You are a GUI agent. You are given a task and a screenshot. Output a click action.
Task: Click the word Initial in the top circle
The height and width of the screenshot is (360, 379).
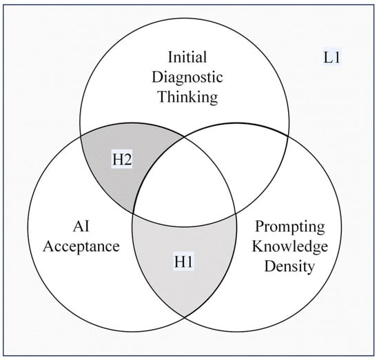point(187,57)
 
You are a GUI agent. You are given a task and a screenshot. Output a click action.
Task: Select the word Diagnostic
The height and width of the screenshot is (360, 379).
point(187,78)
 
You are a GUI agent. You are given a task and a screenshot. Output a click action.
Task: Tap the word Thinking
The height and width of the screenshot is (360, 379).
point(188,97)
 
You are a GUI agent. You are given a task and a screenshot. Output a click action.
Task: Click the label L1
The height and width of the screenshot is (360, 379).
point(332,58)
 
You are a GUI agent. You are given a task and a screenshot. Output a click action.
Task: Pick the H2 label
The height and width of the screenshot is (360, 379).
point(122,160)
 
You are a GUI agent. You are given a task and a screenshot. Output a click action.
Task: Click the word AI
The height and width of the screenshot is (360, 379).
point(81,226)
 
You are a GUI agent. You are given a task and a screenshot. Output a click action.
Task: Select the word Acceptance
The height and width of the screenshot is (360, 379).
point(81,246)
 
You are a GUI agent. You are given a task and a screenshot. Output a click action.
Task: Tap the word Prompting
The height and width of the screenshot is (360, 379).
point(290,227)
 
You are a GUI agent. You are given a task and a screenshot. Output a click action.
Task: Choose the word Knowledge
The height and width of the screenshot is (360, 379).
point(290,247)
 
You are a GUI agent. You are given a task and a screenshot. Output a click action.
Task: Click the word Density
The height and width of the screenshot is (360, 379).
point(289,266)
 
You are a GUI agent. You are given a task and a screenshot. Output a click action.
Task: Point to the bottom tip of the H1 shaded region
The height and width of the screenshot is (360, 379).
point(185,317)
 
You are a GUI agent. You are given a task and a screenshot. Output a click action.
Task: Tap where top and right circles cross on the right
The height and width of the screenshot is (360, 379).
point(288,136)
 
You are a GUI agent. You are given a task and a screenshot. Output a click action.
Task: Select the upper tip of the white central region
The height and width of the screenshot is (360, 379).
point(184,137)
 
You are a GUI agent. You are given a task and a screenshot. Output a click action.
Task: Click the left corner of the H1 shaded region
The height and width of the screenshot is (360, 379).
point(133,213)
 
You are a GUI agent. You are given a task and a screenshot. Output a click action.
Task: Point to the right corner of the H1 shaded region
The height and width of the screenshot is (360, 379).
point(236,214)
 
